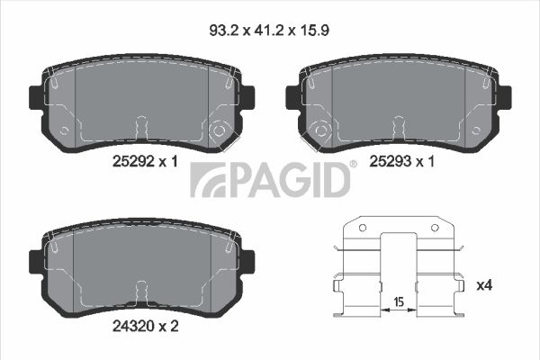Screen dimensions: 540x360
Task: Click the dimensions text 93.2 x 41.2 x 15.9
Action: pos(269,31)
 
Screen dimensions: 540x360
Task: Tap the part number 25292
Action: pos(133,161)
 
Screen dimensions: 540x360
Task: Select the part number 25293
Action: pos(391,161)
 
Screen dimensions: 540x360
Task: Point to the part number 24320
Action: pos(133,326)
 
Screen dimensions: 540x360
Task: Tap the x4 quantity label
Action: pos(484,285)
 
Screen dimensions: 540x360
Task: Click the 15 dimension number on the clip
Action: pos(399,302)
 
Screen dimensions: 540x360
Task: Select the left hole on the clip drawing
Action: pos(363,228)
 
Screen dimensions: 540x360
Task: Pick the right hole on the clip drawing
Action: pos(435,228)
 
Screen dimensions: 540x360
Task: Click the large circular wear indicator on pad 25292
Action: pos(219,130)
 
